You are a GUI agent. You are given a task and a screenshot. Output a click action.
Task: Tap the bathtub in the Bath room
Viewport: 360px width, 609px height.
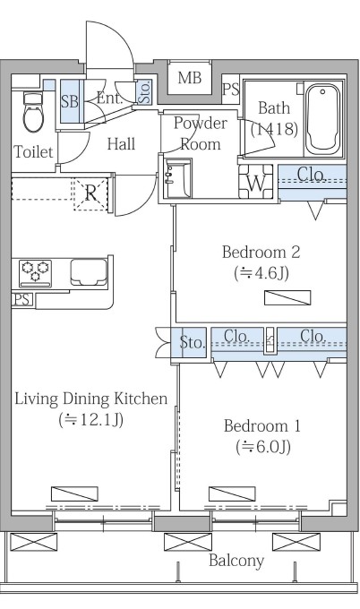click(x=322, y=120)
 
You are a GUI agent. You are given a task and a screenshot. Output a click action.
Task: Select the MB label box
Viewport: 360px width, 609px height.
click(x=190, y=78)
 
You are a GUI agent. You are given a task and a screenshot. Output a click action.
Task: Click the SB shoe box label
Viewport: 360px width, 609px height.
click(x=70, y=101)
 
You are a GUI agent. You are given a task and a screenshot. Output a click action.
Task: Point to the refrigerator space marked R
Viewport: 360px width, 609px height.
click(x=90, y=193)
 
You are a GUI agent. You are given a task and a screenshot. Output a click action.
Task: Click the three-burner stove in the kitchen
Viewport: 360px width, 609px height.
click(x=35, y=273)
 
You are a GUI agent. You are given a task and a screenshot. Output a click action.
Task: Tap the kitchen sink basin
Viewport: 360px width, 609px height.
click(x=89, y=272)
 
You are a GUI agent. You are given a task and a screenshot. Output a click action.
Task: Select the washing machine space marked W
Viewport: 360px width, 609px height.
click(x=255, y=182)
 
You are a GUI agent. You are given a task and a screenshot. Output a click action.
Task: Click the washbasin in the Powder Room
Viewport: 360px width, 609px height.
click(x=177, y=179)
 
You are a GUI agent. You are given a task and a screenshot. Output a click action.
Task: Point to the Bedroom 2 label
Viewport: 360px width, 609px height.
click(x=261, y=252)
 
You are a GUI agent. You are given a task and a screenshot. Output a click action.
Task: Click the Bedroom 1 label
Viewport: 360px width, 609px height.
click(x=262, y=426)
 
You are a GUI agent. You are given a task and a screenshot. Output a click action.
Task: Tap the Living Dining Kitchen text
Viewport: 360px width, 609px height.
click(x=91, y=399)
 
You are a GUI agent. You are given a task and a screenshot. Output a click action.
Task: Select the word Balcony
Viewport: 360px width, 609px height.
click(x=236, y=561)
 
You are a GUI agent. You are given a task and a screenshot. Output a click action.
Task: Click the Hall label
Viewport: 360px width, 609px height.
click(x=121, y=144)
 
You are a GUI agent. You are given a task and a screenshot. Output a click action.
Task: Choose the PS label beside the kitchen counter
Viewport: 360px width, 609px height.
click(x=22, y=299)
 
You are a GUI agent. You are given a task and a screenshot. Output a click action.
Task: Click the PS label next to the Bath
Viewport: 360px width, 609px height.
click(x=231, y=90)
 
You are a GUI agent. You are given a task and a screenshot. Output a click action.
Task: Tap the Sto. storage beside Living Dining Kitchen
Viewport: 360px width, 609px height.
click(x=192, y=342)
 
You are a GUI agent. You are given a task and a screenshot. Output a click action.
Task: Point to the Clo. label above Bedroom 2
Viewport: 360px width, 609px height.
click(x=311, y=175)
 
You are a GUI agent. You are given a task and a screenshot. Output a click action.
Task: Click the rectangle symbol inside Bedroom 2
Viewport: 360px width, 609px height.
click(x=287, y=297)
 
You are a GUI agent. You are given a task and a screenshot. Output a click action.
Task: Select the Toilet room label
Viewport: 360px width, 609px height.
click(x=33, y=151)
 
